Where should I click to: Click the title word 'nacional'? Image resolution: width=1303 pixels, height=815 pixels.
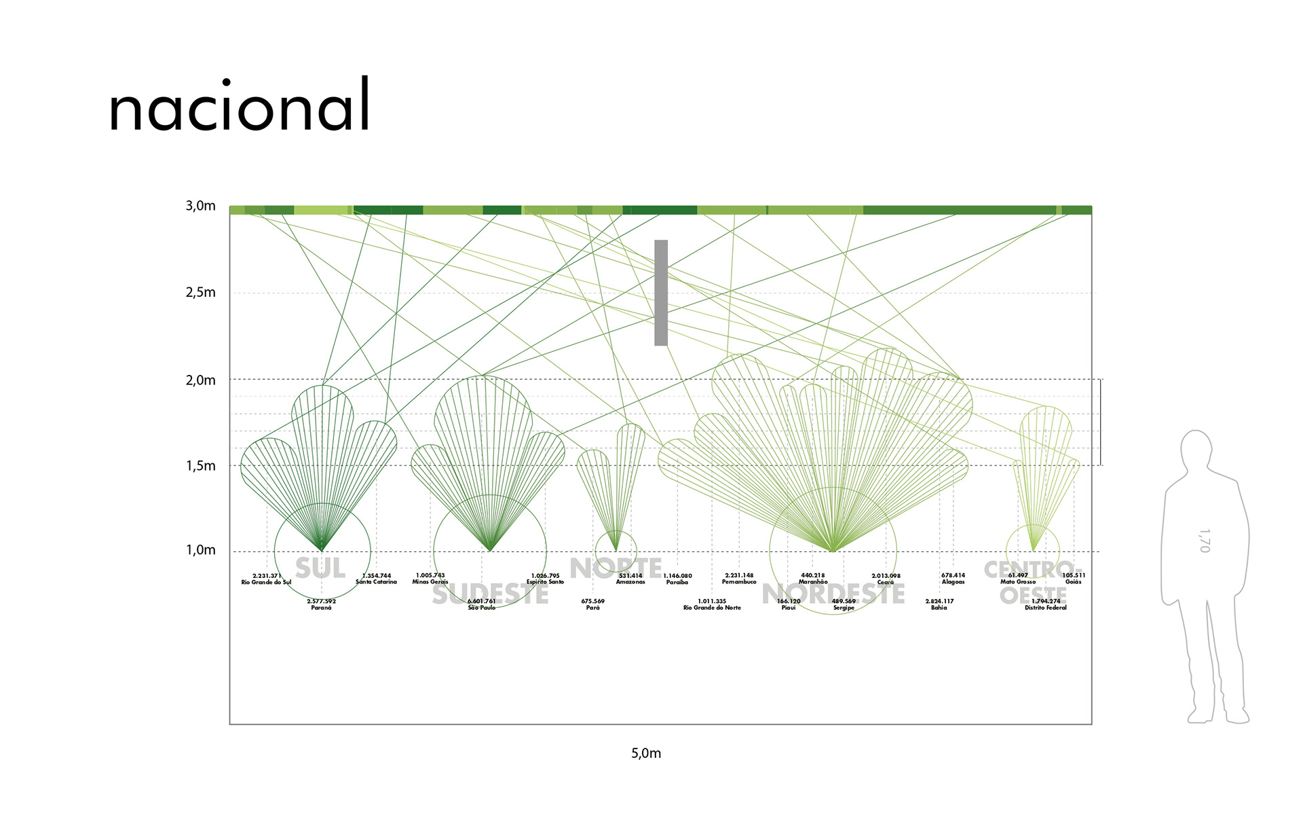[x=240, y=106]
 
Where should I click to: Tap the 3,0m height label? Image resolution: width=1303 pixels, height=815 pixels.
[x=200, y=206]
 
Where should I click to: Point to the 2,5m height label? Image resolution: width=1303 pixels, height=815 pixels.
[x=200, y=293]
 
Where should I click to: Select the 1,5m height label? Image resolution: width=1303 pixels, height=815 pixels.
[x=200, y=466]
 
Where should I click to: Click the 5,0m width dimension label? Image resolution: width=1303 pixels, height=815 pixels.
[x=645, y=753]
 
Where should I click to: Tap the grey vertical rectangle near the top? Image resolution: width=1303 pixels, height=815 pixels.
[x=660, y=293]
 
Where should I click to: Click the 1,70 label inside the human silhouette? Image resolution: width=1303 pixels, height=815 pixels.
[x=1205, y=541]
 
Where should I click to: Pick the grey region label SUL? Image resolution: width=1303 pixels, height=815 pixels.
[x=320, y=568]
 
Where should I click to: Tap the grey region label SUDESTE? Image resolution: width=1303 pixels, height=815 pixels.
[x=490, y=594]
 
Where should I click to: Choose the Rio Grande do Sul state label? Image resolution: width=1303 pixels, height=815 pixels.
[x=266, y=582]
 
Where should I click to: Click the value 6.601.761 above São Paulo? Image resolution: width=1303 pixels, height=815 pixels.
[x=481, y=601]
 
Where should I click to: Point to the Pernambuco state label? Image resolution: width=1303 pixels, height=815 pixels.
[x=738, y=582]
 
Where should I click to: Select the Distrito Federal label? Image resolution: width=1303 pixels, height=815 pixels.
[x=1045, y=608]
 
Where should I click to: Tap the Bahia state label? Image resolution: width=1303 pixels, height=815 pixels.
[x=939, y=608]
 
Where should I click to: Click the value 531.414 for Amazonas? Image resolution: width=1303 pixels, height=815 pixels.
[x=630, y=576]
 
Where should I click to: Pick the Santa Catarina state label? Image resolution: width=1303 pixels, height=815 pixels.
[x=376, y=582]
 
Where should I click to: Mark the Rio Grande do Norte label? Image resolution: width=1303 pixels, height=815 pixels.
[x=712, y=608]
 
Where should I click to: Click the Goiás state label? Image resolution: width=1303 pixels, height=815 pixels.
[x=1073, y=582]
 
